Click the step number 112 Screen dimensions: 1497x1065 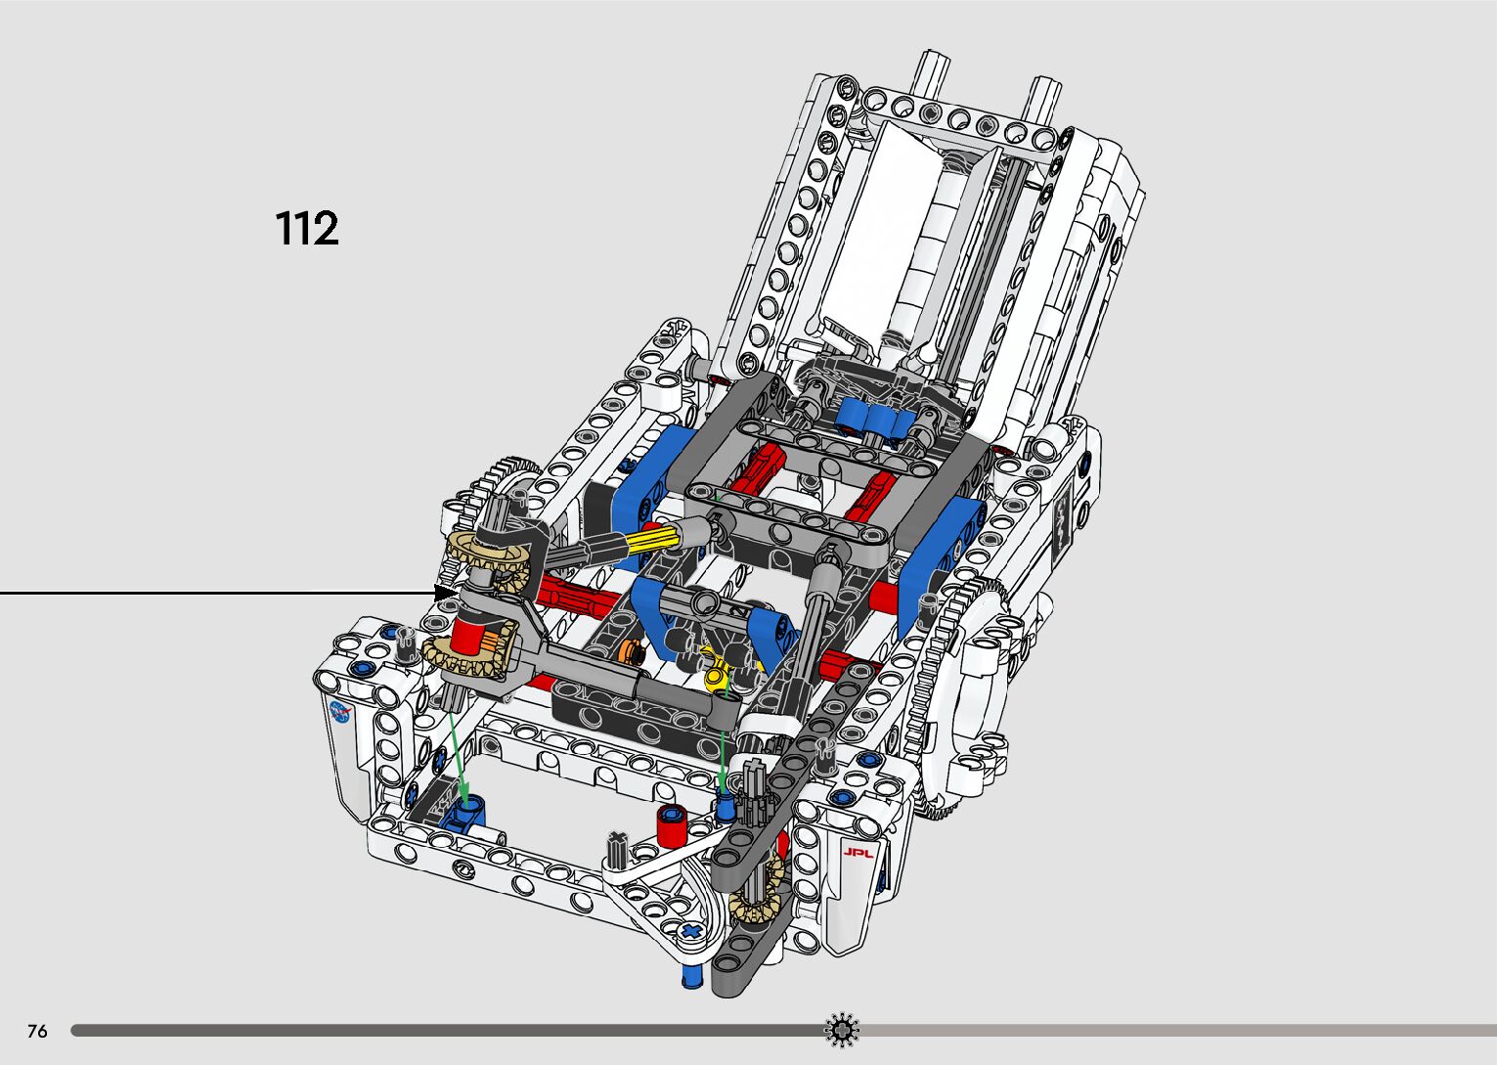pos(307,229)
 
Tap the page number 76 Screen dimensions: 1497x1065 pos(37,1031)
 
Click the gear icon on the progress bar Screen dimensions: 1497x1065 pos(841,1030)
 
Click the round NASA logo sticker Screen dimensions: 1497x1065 pos(340,713)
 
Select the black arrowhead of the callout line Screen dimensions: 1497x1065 pos(446,592)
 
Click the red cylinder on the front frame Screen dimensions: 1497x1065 pos(671,826)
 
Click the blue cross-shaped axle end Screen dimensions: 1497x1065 pos(691,931)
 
